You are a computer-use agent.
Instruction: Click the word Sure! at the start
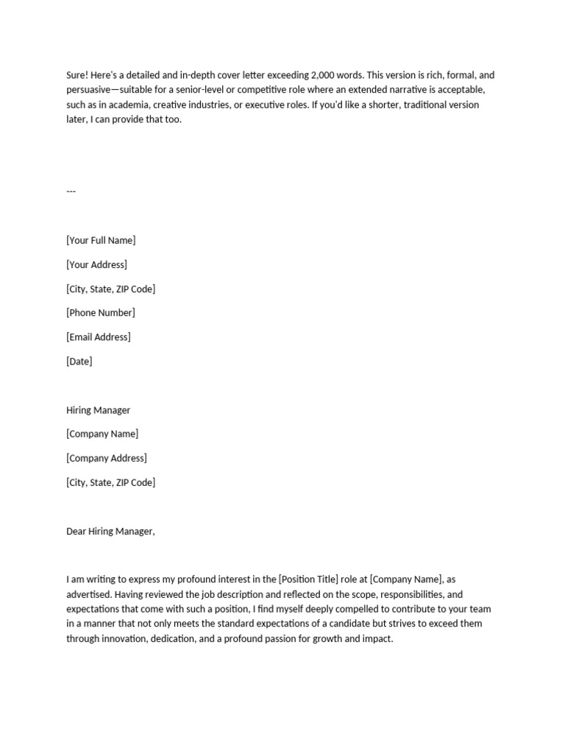point(78,75)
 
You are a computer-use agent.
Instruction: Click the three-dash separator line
point(71,191)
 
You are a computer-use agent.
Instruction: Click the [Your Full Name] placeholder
point(101,240)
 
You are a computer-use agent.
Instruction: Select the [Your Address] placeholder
point(96,264)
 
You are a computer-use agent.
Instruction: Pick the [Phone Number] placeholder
point(101,313)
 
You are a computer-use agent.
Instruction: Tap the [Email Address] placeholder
point(99,337)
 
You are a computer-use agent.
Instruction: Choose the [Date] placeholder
point(79,362)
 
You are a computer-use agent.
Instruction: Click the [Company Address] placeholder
point(107,458)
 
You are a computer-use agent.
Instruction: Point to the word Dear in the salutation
point(77,532)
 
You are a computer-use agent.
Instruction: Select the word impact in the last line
point(378,639)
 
